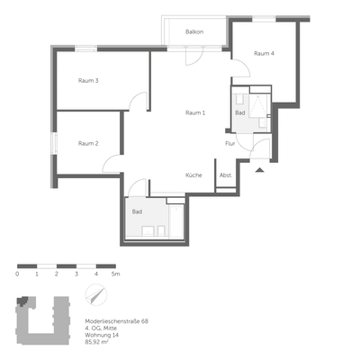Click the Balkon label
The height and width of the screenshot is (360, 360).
[x=193, y=32]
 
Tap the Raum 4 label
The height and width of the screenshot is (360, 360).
[x=264, y=54]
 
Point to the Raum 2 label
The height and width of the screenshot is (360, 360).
[x=88, y=143]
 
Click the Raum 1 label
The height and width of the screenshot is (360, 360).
[x=195, y=112]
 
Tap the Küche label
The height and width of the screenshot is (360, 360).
[x=194, y=175]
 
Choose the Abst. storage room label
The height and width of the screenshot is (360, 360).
[x=226, y=175]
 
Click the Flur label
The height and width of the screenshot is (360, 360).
[x=230, y=143]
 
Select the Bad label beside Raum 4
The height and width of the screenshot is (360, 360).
[x=239, y=113]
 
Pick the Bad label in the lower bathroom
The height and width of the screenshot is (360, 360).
[x=137, y=211]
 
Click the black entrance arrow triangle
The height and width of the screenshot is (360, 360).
[x=259, y=169]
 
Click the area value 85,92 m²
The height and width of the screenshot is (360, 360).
[x=96, y=343]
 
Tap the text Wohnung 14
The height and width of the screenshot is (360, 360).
[x=101, y=336]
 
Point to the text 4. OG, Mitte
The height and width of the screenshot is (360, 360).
[x=101, y=328]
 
